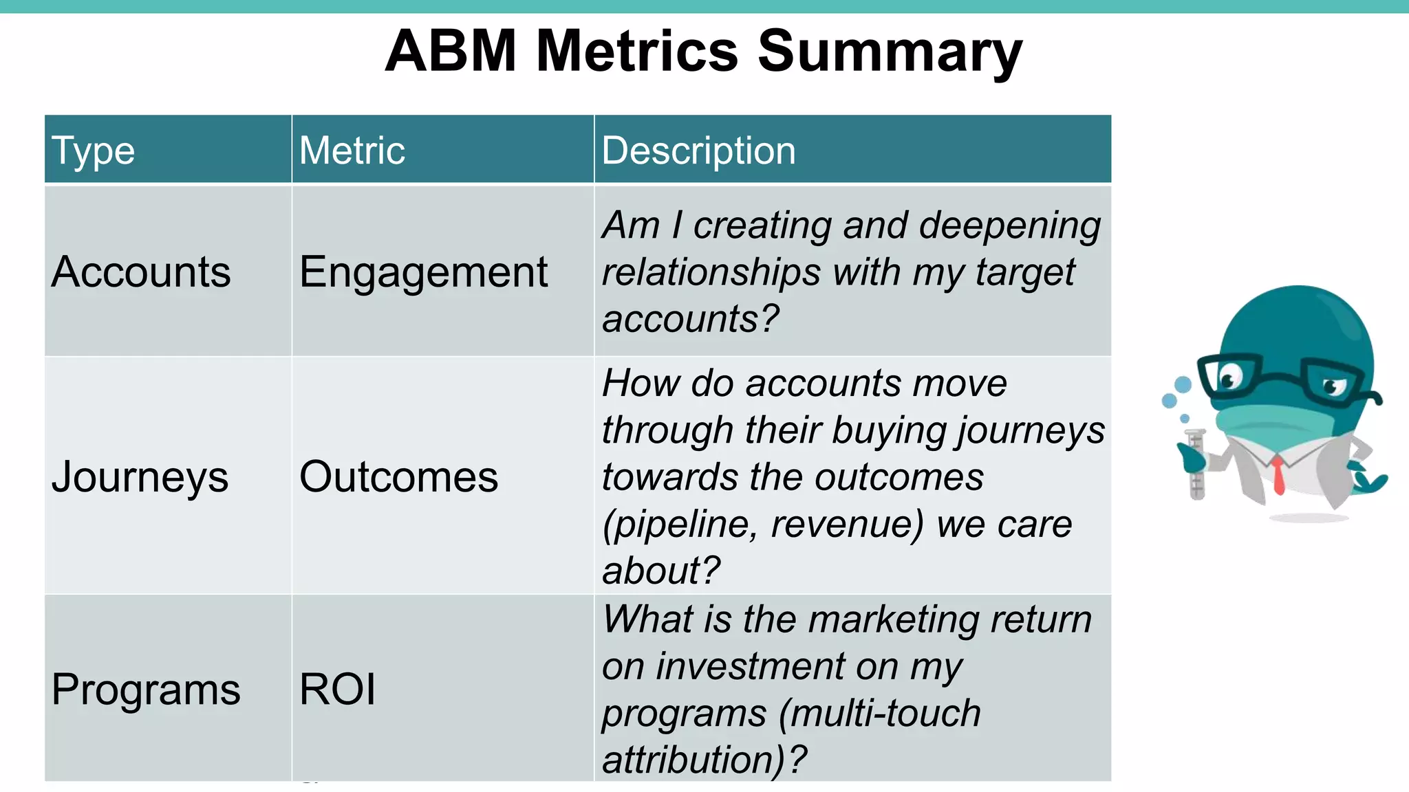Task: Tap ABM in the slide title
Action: (x=451, y=52)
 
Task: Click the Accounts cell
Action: (x=141, y=272)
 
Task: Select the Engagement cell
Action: (x=423, y=272)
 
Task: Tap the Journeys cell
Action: (x=140, y=477)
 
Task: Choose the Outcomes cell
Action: (x=398, y=476)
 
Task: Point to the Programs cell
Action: (x=146, y=689)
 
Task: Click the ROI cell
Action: (x=338, y=689)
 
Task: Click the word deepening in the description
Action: (x=1009, y=225)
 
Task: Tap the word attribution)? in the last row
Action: (x=704, y=760)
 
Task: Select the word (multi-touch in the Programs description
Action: (x=880, y=713)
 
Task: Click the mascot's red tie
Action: (x=1278, y=475)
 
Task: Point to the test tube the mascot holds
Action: (x=1196, y=464)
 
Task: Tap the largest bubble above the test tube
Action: (x=1183, y=384)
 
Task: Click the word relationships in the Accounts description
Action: (x=711, y=272)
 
